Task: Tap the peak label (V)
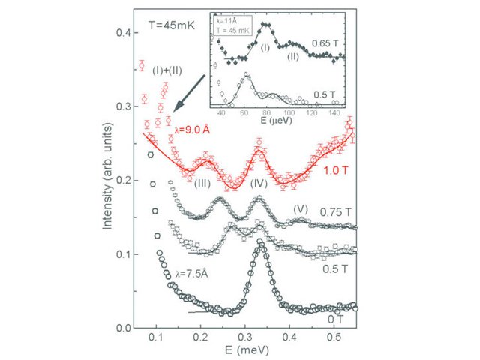tap(300, 207)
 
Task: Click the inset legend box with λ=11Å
tap(233, 24)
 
